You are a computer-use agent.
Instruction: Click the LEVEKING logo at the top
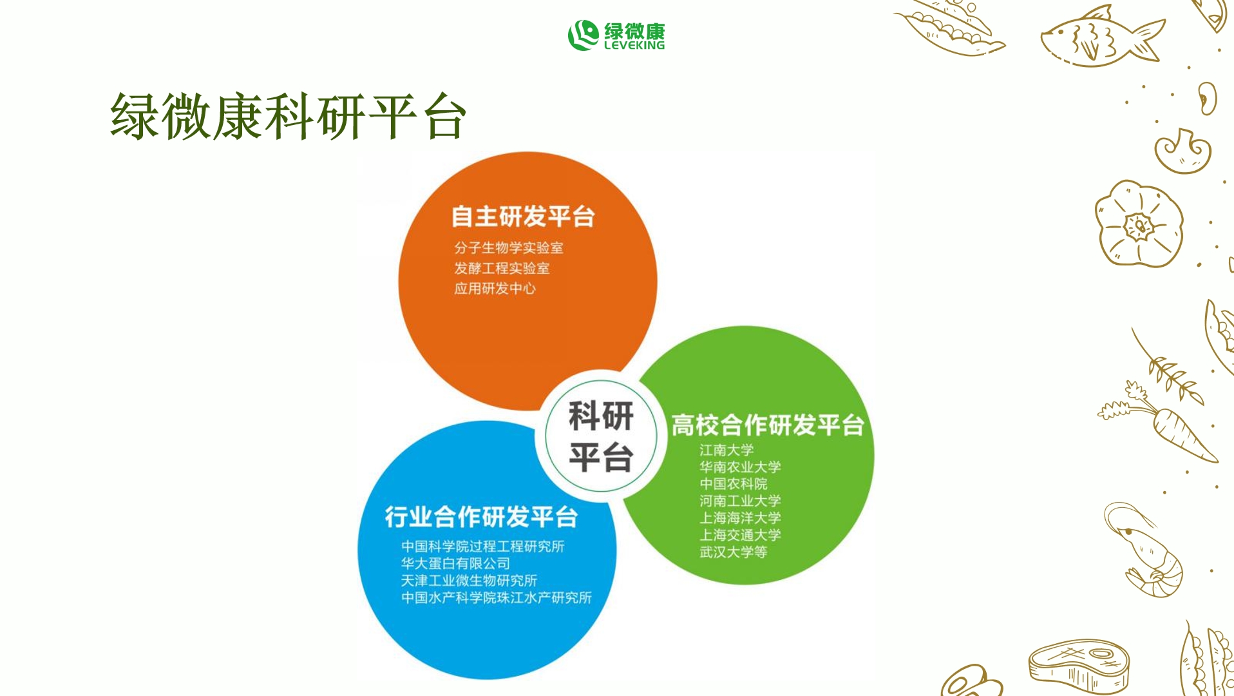coord(616,35)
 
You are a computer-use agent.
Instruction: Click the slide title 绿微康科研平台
coord(288,117)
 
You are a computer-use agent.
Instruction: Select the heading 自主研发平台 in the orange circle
coord(522,217)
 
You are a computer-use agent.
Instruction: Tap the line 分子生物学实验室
coord(508,247)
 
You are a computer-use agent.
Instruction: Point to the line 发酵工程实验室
coord(502,268)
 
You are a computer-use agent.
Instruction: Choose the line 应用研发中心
coord(495,289)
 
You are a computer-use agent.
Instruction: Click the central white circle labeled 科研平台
coord(601,436)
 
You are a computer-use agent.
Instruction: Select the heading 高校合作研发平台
coord(767,425)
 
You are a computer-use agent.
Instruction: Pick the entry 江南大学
coord(726,450)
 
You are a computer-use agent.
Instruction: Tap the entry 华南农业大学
coord(740,467)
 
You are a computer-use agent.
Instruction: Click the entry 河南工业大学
coord(740,501)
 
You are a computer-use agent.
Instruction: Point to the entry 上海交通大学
coord(740,535)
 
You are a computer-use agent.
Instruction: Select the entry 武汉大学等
coord(733,552)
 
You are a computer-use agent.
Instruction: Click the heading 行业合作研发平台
coord(481,517)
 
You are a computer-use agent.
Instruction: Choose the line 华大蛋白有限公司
coord(455,563)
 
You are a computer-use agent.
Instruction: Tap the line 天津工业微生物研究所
coord(469,581)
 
